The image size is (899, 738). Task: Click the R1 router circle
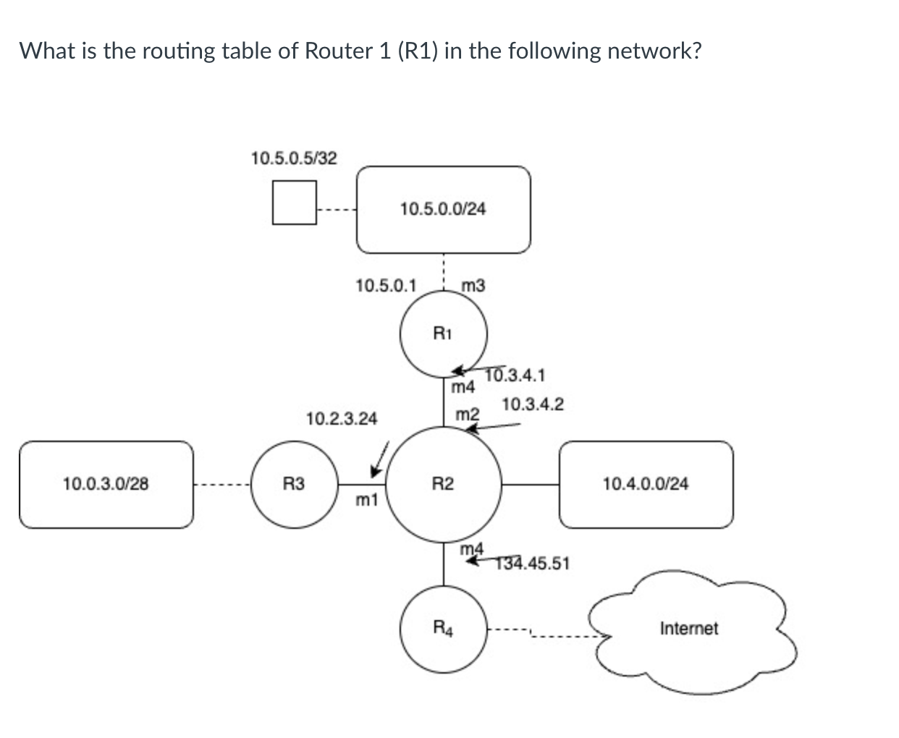click(x=443, y=334)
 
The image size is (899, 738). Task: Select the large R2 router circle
click(x=443, y=483)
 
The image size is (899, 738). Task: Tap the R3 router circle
click(x=293, y=483)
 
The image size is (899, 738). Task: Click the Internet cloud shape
click(x=689, y=629)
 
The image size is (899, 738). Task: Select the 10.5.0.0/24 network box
click(x=443, y=210)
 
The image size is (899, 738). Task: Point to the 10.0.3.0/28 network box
click(x=106, y=484)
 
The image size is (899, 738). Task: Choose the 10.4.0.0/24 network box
click(x=646, y=484)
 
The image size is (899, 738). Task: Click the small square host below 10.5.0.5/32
click(x=294, y=203)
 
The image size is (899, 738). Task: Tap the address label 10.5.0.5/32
click(x=294, y=158)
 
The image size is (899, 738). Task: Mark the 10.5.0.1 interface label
click(x=386, y=286)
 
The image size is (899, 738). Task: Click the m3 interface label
click(x=473, y=286)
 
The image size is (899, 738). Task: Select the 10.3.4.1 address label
click(x=515, y=376)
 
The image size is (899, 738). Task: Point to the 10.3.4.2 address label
click(x=533, y=404)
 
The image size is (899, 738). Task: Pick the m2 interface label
click(x=468, y=415)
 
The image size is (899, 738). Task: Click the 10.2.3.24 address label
click(x=342, y=419)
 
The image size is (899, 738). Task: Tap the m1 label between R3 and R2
click(x=367, y=499)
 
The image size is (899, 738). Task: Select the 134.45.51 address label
click(x=533, y=563)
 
